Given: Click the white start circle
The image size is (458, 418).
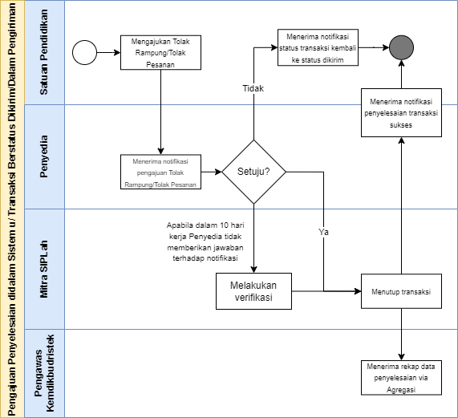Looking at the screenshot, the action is tap(84, 53).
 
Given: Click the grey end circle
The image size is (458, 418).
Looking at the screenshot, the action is tap(401, 47).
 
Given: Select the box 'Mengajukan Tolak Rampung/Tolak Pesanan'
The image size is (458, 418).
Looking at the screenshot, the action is tap(160, 53).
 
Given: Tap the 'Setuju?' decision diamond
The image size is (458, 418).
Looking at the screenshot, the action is tap(253, 172).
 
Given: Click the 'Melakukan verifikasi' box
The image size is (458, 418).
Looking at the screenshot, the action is tap(253, 291).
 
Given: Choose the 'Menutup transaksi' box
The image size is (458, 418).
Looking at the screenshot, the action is tap(401, 291).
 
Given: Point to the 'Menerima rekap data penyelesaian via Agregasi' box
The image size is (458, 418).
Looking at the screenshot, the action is tap(401, 378).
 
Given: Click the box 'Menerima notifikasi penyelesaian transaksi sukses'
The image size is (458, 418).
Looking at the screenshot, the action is tap(401, 113).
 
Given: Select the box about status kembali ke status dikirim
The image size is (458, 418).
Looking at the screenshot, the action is tap(318, 47).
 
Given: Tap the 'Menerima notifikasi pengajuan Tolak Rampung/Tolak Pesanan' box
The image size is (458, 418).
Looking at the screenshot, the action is tap(160, 172).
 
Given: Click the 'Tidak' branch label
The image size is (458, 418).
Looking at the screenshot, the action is tap(253, 88).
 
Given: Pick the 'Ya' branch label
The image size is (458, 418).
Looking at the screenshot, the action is tap(323, 232).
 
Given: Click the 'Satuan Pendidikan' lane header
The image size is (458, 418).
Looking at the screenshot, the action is tap(44, 53).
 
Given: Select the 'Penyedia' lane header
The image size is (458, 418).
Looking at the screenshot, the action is tap(44, 156).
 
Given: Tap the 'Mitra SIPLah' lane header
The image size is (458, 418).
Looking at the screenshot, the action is tap(44, 269).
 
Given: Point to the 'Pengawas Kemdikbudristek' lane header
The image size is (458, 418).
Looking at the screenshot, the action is tap(44, 373).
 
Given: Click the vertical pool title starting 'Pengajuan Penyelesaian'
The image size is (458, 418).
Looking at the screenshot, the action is tap(12, 209).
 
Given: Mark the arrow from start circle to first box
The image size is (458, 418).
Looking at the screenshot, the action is tap(108, 53).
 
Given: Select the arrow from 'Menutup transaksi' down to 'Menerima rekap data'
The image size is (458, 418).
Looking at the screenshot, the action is tap(401, 335).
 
